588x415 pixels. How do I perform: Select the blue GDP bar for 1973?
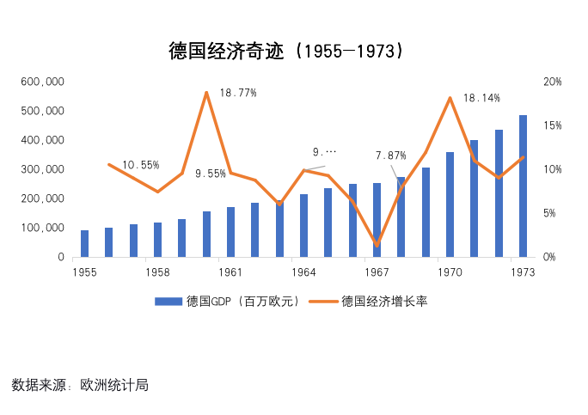(523, 186)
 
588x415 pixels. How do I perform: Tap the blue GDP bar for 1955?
(84, 244)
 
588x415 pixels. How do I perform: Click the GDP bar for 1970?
(450, 204)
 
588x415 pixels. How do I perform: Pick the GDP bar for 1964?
(303, 226)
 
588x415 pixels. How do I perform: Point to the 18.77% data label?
(237, 93)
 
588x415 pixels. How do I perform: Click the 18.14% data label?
(481, 98)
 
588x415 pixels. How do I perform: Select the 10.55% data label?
(140, 165)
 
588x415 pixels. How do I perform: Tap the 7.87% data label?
(390, 156)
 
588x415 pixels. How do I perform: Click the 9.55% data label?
(211, 174)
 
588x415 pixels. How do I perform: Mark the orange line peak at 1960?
(206, 92)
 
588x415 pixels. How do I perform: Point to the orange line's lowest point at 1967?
(377, 246)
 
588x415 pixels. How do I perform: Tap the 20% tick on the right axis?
(553, 82)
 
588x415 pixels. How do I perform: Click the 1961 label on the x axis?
(230, 272)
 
